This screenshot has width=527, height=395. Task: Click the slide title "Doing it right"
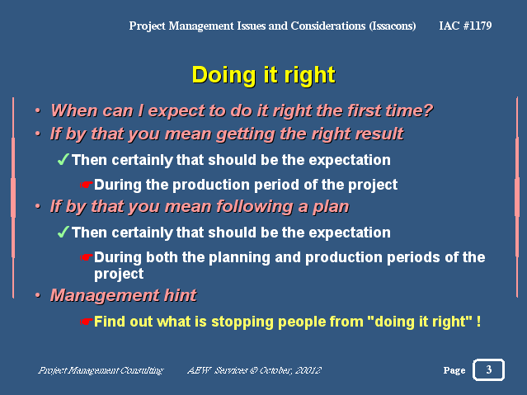point(264,75)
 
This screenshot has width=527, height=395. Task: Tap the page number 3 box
point(489,369)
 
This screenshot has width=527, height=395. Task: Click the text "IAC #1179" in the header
point(465,26)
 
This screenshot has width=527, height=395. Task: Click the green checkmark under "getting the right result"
point(64,159)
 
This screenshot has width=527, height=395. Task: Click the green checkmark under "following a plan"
point(64,232)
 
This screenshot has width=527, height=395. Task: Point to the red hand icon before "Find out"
point(86,322)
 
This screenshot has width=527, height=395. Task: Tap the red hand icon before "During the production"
point(86,185)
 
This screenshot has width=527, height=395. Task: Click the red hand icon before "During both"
point(86,257)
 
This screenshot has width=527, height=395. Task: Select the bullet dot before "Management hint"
point(38,295)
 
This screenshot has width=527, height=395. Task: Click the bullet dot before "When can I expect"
point(38,110)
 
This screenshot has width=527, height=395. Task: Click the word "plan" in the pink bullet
point(331,207)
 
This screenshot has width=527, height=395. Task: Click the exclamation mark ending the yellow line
point(478,321)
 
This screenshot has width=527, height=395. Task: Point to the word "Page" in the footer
point(454,370)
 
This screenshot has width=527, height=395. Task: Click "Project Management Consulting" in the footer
point(101,370)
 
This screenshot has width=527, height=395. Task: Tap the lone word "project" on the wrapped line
point(119,274)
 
